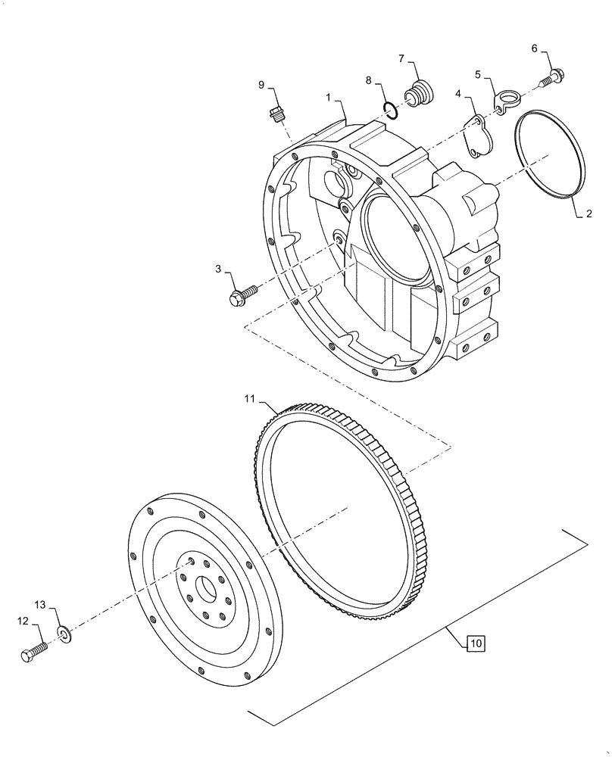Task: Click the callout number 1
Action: coord(329,98)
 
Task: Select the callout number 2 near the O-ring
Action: coord(588,214)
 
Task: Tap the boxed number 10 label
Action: coord(474,643)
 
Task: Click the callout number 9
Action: coord(261,86)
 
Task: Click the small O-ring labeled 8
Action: coord(391,111)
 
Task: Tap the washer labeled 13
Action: coord(63,632)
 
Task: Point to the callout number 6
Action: coord(534,48)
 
